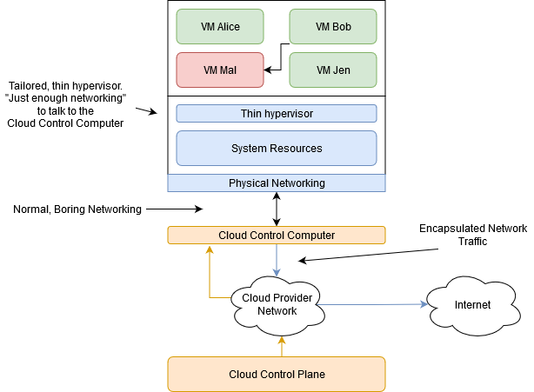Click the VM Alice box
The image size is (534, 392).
click(x=219, y=26)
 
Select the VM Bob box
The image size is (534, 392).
click(x=332, y=26)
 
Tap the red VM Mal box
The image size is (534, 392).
click(x=219, y=70)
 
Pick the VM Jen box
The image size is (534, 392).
click(x=332, y=70)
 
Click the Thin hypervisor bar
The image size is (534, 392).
click(x=276, y=114)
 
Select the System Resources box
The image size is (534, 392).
click(x=276, y=149)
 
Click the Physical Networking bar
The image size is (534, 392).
click(x=276, y=183)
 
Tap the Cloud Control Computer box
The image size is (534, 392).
click(x=276, y=235)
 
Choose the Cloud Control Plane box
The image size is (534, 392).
click(x=276, y=374)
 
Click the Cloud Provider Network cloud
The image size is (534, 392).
click(x=276, y=302)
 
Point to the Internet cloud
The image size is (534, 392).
click(x=472, y=305)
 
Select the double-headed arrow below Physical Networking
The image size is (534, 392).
click(x=277, y=209)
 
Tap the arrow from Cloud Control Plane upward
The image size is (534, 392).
click(x=281, y=346)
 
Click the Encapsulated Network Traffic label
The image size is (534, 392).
click(x=472, y=236)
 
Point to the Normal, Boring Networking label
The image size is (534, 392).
click(x=77, y=209)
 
